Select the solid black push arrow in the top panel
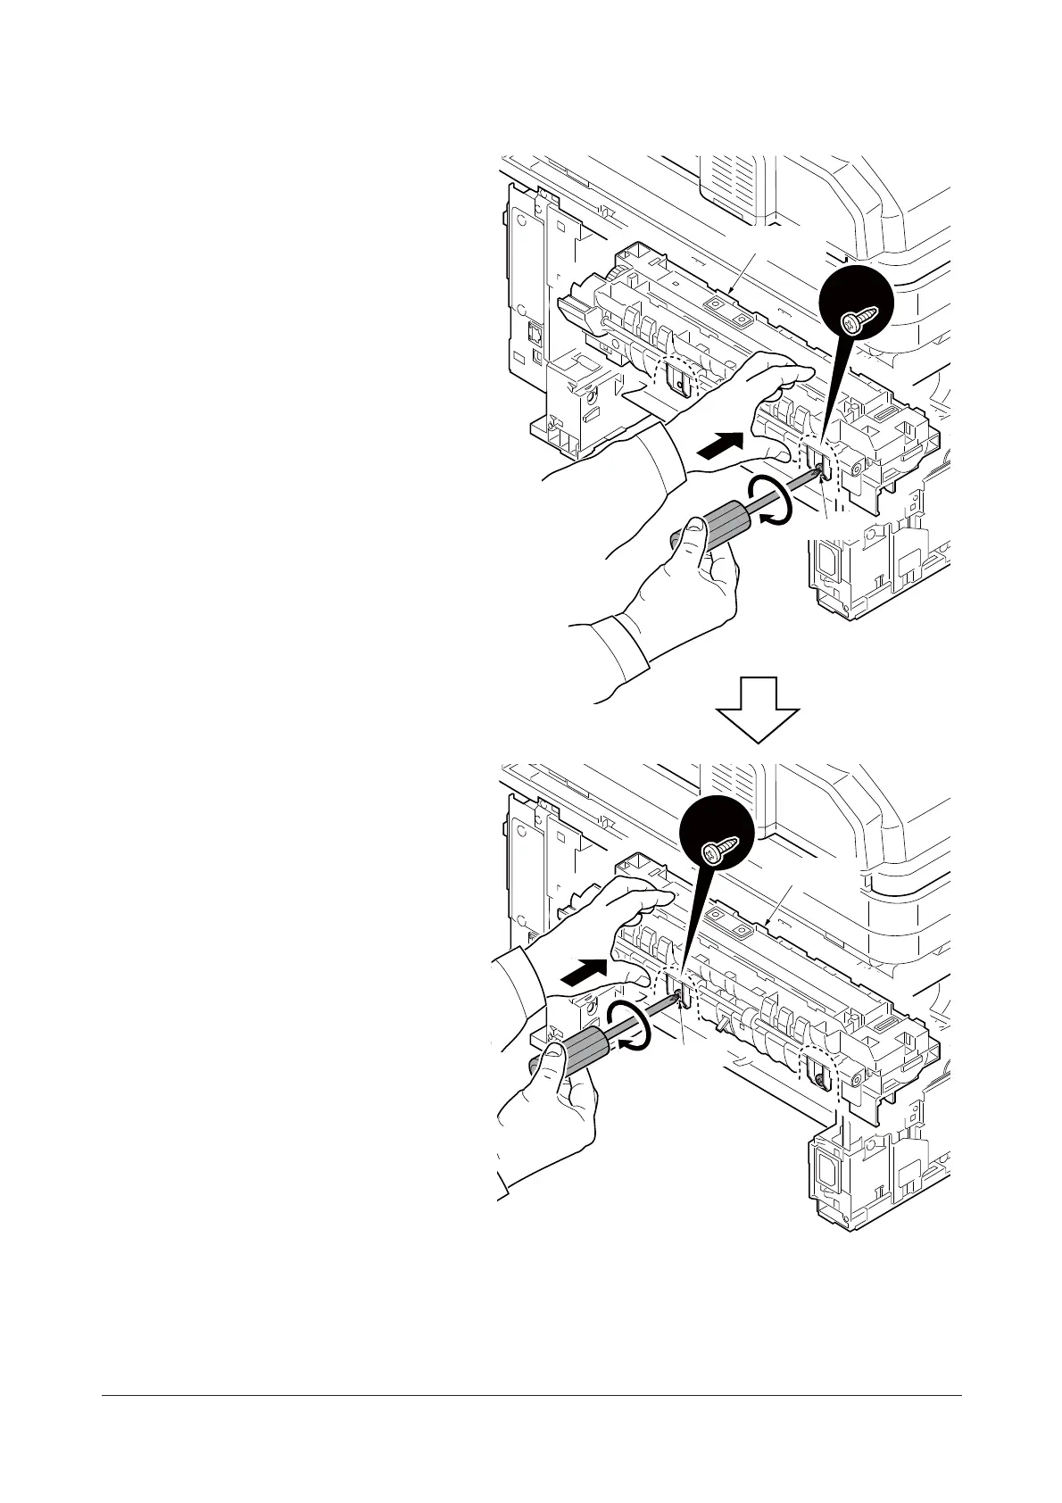tap(719, 444)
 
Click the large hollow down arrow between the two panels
tap(757, 710)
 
